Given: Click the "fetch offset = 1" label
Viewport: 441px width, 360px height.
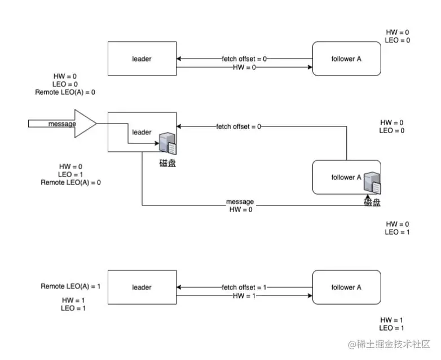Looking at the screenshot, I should tap(244, 287).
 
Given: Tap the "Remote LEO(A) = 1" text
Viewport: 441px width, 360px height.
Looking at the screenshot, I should tap(70, 287).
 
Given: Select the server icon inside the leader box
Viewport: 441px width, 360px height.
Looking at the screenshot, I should tap(167, 143).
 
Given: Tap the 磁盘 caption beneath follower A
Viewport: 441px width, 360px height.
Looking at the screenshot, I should tap(372, 202).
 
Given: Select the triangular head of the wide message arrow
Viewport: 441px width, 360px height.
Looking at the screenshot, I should tap(85, 124).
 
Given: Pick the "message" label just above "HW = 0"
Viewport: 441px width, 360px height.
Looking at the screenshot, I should tap(240, 201).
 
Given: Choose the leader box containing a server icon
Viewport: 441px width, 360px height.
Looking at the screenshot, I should tap(142, 132).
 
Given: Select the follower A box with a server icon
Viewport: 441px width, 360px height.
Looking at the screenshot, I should tap(346, 177).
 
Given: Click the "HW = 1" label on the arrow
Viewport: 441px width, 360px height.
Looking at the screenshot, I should tap(244, 295).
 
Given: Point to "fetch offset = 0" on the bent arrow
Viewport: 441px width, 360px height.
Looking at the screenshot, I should tap(239, 126).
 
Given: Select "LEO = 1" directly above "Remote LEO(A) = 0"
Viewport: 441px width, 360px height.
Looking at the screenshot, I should tap(70, 175).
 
